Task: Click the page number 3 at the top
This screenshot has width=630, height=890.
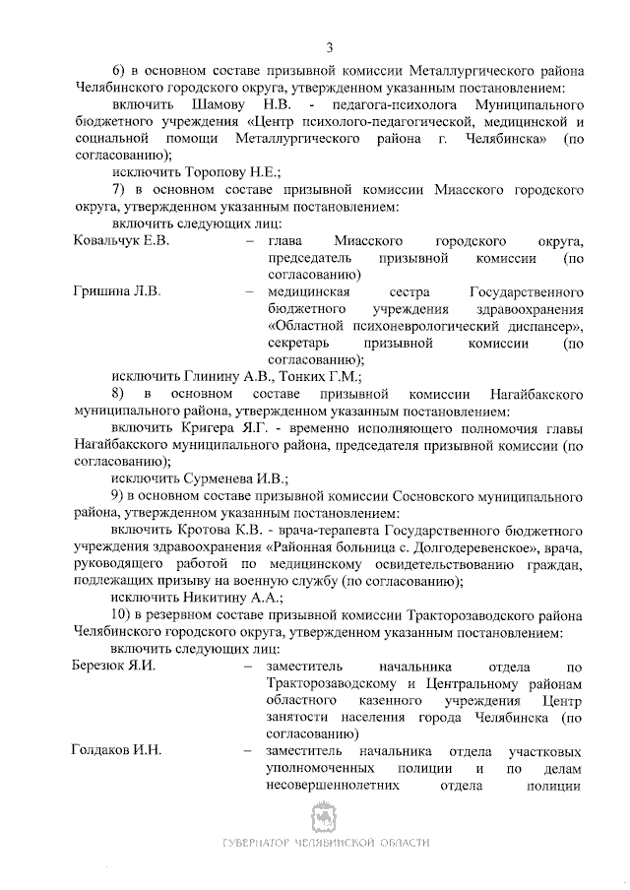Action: tap(330, 47)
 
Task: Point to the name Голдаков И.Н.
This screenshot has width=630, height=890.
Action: tap(117, 750)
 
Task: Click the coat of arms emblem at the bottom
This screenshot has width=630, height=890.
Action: tap(325, 816)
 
